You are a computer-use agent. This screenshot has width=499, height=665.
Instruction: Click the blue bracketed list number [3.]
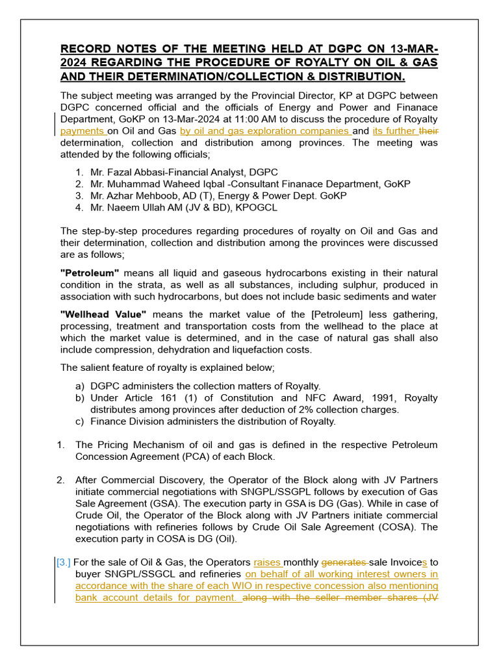[x=64, y=562]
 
